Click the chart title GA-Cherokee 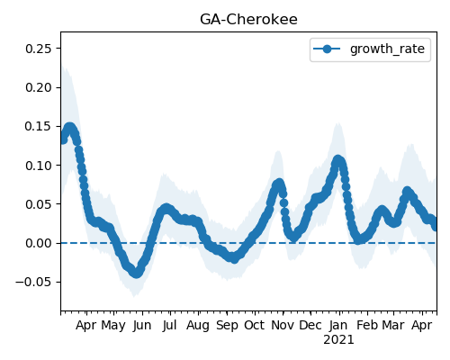(x=248, y=20)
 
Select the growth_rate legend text (x=387, y=49)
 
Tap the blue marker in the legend (x=327, y=49)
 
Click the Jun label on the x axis (x=142, y=326)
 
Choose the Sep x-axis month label (x=227, y=326)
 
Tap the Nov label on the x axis (x=283, y=326)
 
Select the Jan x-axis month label (x=338, y=326)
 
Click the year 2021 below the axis (x=338, y=340)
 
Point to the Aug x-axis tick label (x=198, y=326)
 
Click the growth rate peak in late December (x=337, y=160)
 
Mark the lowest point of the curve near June (x=136, y=274)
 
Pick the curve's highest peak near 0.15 (x=69, y=128)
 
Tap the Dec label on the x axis (x=310, y=326)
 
